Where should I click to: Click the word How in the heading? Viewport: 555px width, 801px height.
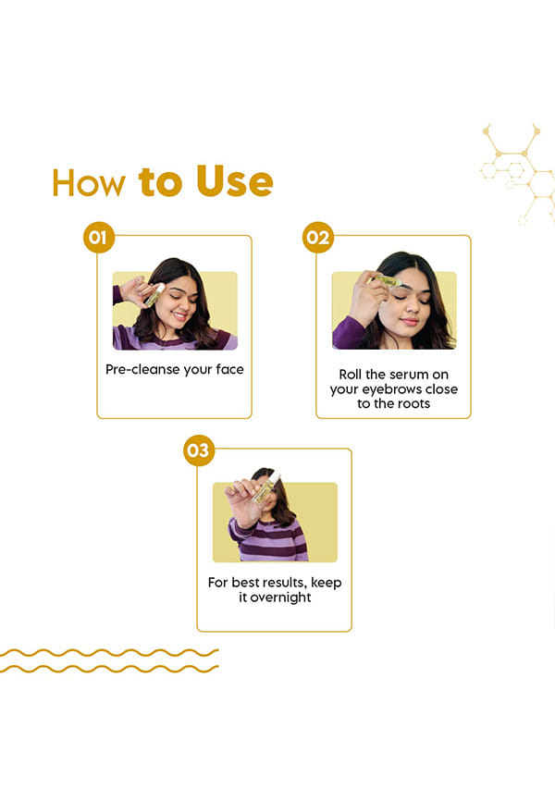[x=89, y=182]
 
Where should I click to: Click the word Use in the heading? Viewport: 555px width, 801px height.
[x=235, y=181]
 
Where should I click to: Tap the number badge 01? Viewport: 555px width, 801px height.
[x=99, y=238]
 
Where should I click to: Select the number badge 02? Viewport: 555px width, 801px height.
[x=318, y=238]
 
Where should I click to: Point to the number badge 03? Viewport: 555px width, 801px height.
[x=199, y=450]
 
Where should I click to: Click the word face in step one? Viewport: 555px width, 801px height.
[x=229, y=369]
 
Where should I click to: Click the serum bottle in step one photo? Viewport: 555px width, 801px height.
[x=154, y=295]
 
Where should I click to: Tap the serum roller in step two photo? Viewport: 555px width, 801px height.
[x=388, y=280]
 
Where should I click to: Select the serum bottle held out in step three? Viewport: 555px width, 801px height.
[x=266, y=487]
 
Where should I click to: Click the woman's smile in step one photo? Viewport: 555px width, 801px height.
[x=179, y=315]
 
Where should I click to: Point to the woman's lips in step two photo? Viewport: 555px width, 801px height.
[x=410, y=321]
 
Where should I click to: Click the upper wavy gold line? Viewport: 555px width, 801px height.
[x=109, y=653]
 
